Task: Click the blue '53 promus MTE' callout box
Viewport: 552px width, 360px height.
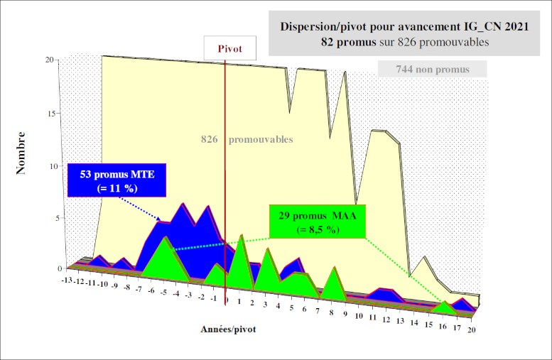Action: point(117,180)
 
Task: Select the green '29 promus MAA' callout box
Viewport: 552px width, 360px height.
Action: point(317,222)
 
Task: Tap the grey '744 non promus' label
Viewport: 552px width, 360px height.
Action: point(432,69)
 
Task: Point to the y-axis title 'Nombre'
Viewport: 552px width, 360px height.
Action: point(21,153)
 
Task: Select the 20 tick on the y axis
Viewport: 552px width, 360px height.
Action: point(50,60)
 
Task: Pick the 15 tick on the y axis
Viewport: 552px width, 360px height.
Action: point(50,113)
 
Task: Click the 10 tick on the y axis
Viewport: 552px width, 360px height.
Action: point(50,167)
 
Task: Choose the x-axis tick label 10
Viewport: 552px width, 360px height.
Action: point(359,316)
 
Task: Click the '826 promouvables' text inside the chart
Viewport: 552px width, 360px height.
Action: point(246,140)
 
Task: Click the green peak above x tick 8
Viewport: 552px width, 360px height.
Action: point(333,269)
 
